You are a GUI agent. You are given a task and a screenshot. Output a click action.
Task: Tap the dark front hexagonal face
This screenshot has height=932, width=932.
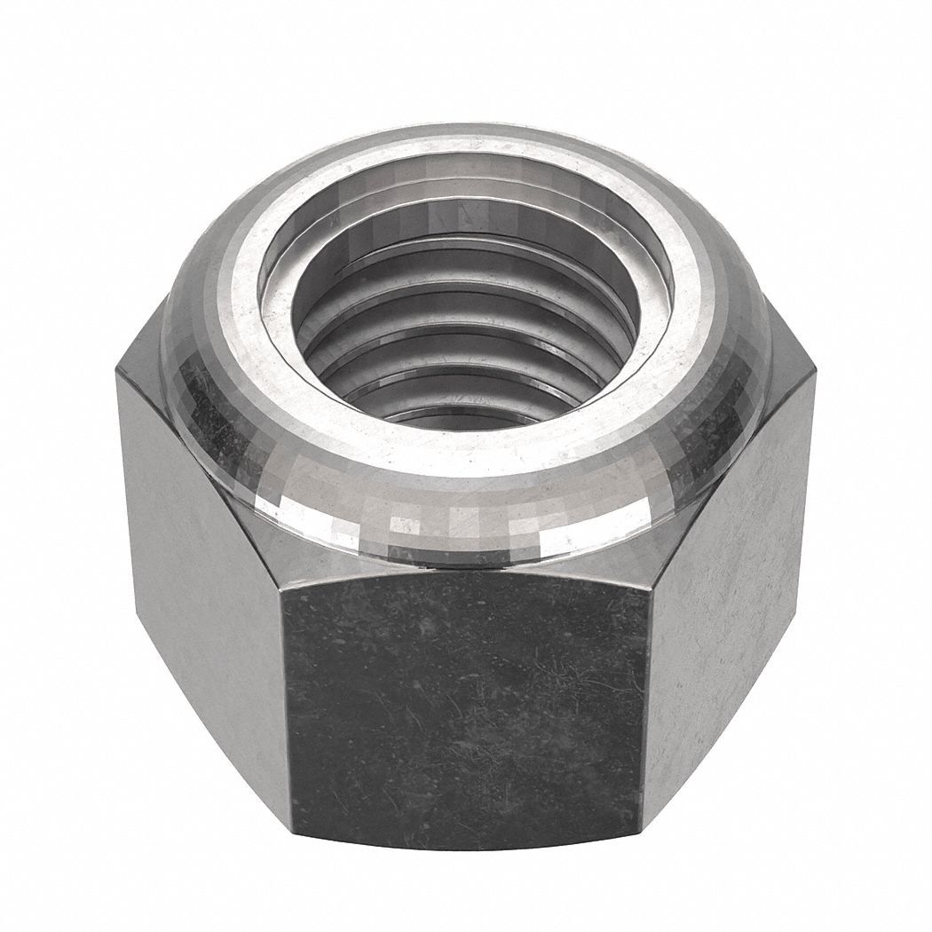pyautogui.click(x=466, y=701)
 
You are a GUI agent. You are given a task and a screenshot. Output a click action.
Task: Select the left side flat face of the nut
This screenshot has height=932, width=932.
pyautogui.click(x=200, y=568)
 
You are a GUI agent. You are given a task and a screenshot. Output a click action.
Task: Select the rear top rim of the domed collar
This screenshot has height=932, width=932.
pyautogui.click(x=466, y=133)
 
